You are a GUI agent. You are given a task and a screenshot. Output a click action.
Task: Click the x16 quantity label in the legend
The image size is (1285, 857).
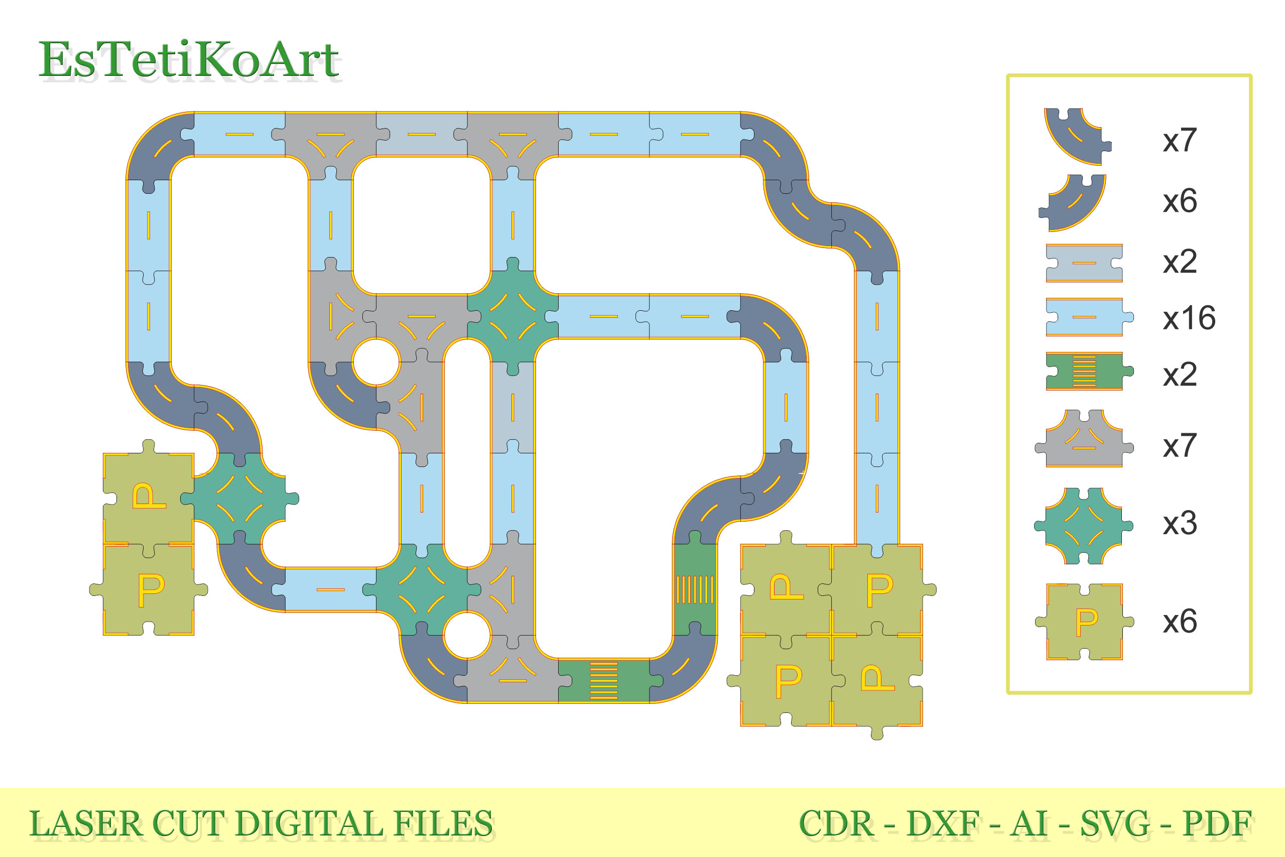coord(1189,318)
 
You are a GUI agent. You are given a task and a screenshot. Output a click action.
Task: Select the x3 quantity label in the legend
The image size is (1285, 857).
coord(1180,524)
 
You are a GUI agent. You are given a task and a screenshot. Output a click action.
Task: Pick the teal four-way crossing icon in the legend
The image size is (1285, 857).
coord(1083,526)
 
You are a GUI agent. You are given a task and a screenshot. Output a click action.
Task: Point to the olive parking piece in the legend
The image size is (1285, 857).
coord(1085,622)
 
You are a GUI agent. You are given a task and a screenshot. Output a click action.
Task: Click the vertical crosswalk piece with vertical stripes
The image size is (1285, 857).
coord(694,590)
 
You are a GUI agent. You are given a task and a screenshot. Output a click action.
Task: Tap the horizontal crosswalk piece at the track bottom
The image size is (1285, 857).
coord(604,681)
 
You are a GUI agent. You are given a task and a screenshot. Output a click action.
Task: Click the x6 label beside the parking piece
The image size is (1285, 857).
coord(1180,622)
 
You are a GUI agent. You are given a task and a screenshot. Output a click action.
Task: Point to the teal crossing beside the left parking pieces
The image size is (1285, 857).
coord(239,499)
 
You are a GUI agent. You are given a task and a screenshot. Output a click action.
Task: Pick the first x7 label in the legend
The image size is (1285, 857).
coord(1180,141)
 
